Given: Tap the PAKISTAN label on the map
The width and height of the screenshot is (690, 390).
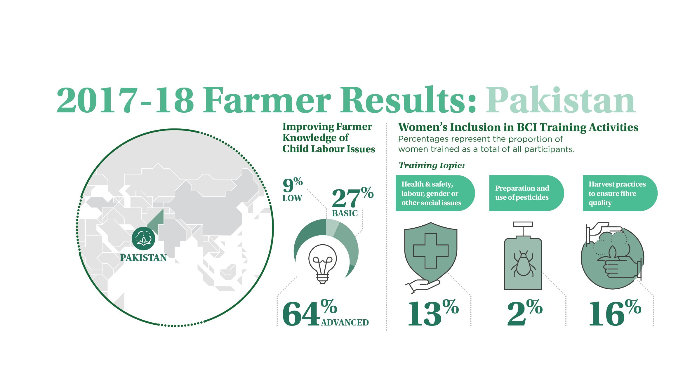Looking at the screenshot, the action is tap(143, 258).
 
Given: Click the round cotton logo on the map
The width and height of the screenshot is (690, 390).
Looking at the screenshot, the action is tap(143, 238).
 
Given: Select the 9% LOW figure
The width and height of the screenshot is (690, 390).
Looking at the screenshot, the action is tap(293, 189).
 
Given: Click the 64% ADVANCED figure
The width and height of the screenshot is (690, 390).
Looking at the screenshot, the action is tap(325, 313).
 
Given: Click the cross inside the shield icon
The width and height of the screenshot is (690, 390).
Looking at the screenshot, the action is tap(431, 251).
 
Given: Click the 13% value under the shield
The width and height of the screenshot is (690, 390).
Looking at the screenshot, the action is tap(433, 313).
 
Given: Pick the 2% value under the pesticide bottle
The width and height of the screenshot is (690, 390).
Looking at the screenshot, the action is tap(525, 313).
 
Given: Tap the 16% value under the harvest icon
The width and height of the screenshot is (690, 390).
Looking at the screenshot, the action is tap(615, 313).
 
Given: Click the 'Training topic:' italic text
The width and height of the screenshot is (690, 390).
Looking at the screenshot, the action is tap(432, 165).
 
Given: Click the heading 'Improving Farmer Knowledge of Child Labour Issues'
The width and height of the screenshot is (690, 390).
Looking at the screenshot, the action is tap(329, 138).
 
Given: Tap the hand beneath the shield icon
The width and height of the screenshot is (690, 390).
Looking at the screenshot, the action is tap(423, 286).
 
